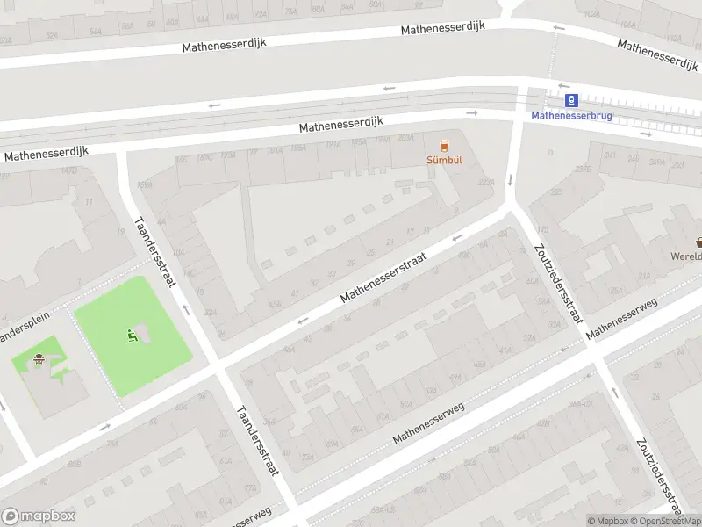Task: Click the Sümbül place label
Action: point(444,161)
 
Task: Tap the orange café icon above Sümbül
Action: point(444,146)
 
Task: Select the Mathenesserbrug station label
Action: point(571,115)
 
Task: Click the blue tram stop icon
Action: point(571,100)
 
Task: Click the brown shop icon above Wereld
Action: point(699,242)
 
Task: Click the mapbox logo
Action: point(38,516)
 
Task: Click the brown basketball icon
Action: point(39,358)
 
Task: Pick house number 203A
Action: point(405,138)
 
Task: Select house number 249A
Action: point(656,162)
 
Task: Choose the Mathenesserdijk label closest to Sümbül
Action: point(342,124)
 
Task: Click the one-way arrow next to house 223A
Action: point(511,180)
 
